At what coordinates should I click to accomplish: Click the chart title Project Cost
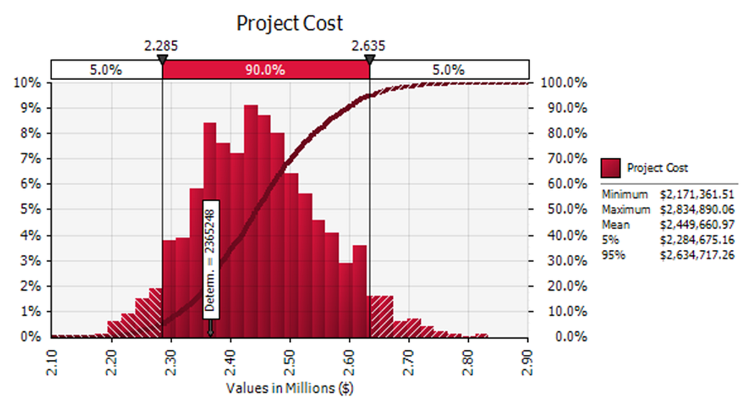[289, 23]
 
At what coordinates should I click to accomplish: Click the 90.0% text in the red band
[266, 70]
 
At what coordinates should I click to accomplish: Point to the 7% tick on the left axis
[31, 159]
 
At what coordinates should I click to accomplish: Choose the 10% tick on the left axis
[29, 83]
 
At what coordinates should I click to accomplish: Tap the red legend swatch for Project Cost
[610, 168]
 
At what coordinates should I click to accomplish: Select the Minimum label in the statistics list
[624, 195]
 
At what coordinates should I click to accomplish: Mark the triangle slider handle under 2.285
[162, 60]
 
